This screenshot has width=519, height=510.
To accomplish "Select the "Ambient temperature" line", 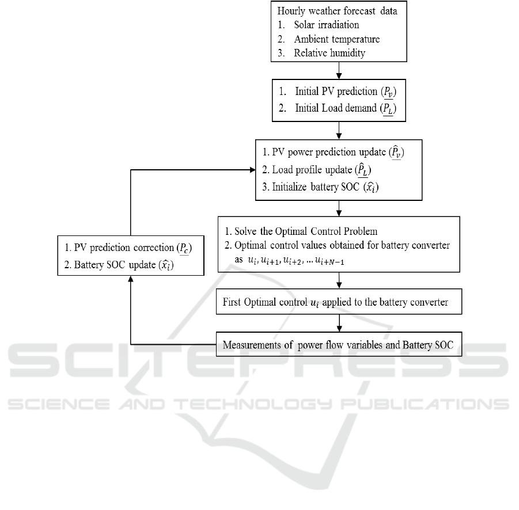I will pyautogui.click(x=336, y=39).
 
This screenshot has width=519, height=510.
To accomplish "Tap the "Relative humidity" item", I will pyautogui.click(x=329, y=53).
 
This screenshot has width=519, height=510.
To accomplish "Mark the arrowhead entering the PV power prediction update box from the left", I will pyautogui.click(x=252, y=170).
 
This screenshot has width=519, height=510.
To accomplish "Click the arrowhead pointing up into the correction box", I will pyautogui.click(x=131, y=279).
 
